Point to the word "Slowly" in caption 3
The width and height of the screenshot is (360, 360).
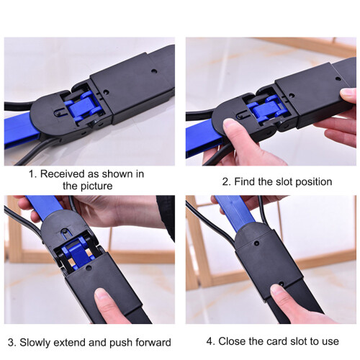click(35, 342)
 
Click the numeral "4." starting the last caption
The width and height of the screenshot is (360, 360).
click(211, 341)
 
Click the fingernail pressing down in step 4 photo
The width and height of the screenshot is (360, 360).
click(276, 289)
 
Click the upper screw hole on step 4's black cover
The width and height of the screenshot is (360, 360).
click(257, 243)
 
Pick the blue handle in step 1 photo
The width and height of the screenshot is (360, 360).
click(20, 129)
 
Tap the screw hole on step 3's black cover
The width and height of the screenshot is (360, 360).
click(89, 268)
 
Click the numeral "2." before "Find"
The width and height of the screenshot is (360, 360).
click(226, 181)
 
